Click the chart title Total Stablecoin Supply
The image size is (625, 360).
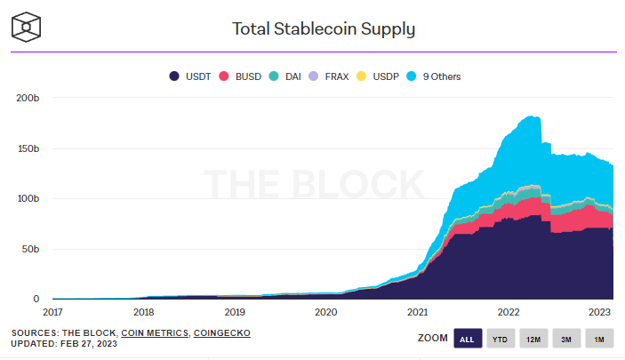pos(324,28)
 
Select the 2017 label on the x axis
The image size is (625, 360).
pos(52,312)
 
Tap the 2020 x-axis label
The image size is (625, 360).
pos(326,312)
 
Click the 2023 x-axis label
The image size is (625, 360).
pos(599,312)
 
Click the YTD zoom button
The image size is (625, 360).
pos(501,338)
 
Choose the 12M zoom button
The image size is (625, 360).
pos(533,338)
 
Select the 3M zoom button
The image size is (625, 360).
pos(566,338)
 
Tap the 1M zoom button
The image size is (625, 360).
pos(599,338)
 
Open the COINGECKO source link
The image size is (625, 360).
pos(222,332)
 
